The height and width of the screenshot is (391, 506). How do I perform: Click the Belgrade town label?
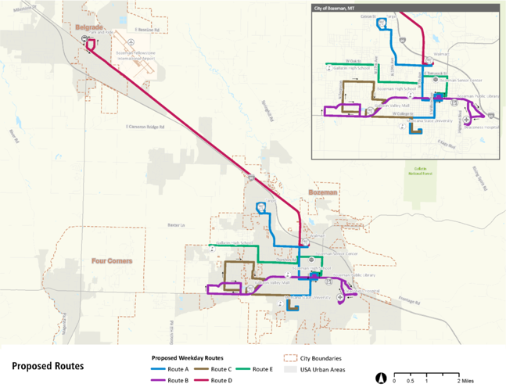(x=88, y=27)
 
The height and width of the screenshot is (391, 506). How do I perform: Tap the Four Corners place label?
(x=111, y=260)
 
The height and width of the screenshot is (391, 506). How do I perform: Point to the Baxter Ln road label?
(x=174, y=226)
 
